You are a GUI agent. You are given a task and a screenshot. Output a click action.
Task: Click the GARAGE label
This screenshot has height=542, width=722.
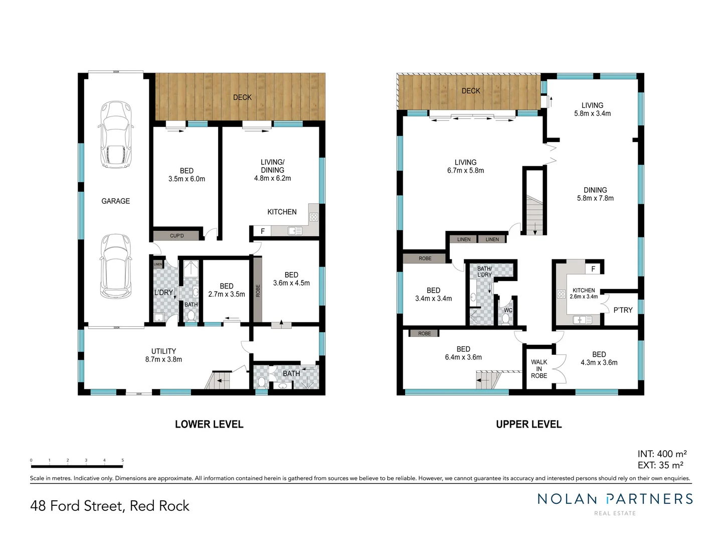point(115,201)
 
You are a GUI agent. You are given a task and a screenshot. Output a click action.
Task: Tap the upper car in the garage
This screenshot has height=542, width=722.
point(116,134)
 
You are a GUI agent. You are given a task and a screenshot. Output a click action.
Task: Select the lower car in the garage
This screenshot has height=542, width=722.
point(116,266)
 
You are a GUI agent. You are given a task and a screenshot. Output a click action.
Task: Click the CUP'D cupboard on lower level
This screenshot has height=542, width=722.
point(176,235)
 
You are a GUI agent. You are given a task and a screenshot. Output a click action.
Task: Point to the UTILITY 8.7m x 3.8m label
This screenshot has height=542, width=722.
point(163,355)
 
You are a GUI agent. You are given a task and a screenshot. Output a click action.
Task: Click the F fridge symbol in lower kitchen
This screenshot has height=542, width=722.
point(262,231)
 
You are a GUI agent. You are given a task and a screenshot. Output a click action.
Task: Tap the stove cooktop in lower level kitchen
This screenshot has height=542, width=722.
point(314,217)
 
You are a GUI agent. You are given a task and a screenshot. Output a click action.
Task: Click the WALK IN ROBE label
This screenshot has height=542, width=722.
point(539,369)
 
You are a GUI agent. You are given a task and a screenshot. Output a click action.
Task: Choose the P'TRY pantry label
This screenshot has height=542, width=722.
point(623,310)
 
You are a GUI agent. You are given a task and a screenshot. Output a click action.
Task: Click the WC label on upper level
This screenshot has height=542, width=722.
point(508,310)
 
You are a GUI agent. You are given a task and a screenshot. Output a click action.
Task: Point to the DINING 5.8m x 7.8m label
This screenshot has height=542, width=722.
point(595,194)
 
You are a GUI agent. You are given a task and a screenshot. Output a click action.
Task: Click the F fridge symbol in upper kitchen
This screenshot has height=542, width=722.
point(593,269)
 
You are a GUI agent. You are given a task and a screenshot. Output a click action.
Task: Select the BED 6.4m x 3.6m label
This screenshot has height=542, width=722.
point(463,353)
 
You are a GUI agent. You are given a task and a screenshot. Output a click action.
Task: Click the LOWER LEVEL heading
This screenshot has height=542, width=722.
point(209,425)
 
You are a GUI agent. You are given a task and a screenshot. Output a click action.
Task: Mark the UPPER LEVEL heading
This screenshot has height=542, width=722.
point(528,425)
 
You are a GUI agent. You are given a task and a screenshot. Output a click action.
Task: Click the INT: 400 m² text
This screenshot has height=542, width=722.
point(662,454)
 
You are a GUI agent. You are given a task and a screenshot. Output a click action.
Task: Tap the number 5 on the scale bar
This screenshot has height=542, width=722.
point(122,460)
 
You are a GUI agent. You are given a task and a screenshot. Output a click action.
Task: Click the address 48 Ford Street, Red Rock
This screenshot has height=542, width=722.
point(110,506)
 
